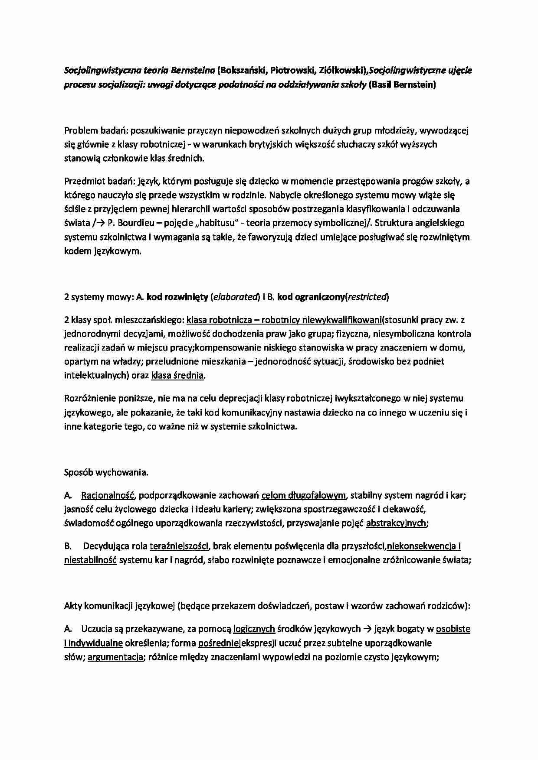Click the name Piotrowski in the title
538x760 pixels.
click(x=286, y=70)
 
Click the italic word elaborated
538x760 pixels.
click(x=235, y=297)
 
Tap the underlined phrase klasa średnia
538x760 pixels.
click(x=177, y=376)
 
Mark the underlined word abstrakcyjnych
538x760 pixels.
click(x=396, y=523)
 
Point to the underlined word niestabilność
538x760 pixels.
click(x=90, y=560)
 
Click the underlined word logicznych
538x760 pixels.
click(x=254, y=629)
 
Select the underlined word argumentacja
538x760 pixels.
click(x=115, y=657)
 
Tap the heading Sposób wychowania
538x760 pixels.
click(x=106, y=473)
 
